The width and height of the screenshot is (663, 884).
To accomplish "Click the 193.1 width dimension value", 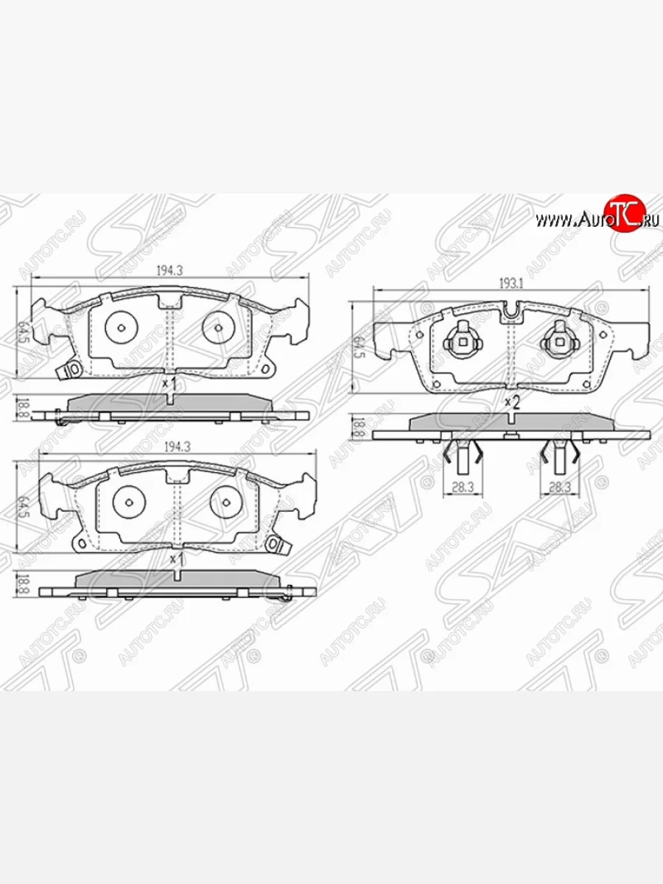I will tap(511, 283).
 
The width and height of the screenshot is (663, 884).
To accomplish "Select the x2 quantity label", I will tap(512, 402).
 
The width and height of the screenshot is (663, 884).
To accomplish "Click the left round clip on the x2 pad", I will tap(462, 340).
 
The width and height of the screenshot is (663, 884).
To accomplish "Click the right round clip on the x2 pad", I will tap(558, 340).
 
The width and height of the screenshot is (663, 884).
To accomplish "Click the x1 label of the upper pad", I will tap(169, 384).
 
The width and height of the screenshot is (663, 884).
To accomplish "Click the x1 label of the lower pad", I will tap(175, 559).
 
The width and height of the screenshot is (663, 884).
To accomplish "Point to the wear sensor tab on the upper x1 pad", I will tap(72, 370).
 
